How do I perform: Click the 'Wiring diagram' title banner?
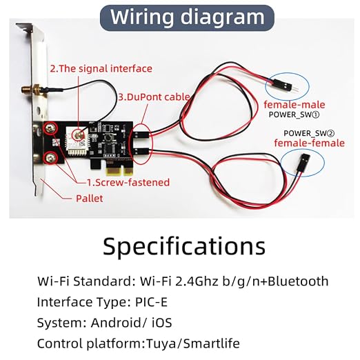pyautogui.click(x=187, y=18)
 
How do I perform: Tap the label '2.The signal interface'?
pyautogui.click(x=101, y=69)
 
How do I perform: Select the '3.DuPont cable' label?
pyautogui.click(x=154, y=97)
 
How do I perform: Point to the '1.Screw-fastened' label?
pyautogui.click(x=128, y=182)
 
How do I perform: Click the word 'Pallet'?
pyautogui.click(x=90, y=199)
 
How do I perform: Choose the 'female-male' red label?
pyautogui.click(x=294, y=105)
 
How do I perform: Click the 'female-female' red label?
pyautogui.click(x=310, y=143)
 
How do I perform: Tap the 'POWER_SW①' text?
pyautogui.click(x=294, y=114)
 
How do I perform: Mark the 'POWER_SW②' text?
pyautogui.click(x=309, y=133)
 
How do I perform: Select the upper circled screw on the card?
pyautogui.click(x=51, y=128)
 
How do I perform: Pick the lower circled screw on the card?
pyautogui.click(x=51, y=158)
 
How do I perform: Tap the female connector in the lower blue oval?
pyautogui.click(x=303, y=163)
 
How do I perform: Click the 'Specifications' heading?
pyautogui.click(x=184, y=247)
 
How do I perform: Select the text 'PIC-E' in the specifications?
pyautogui.click(x=151, y=302)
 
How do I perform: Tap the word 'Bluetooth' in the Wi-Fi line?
pyautogui.click(x=298, y=281)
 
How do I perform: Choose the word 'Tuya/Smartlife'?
pyautogui.click(x=193, y=343)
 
